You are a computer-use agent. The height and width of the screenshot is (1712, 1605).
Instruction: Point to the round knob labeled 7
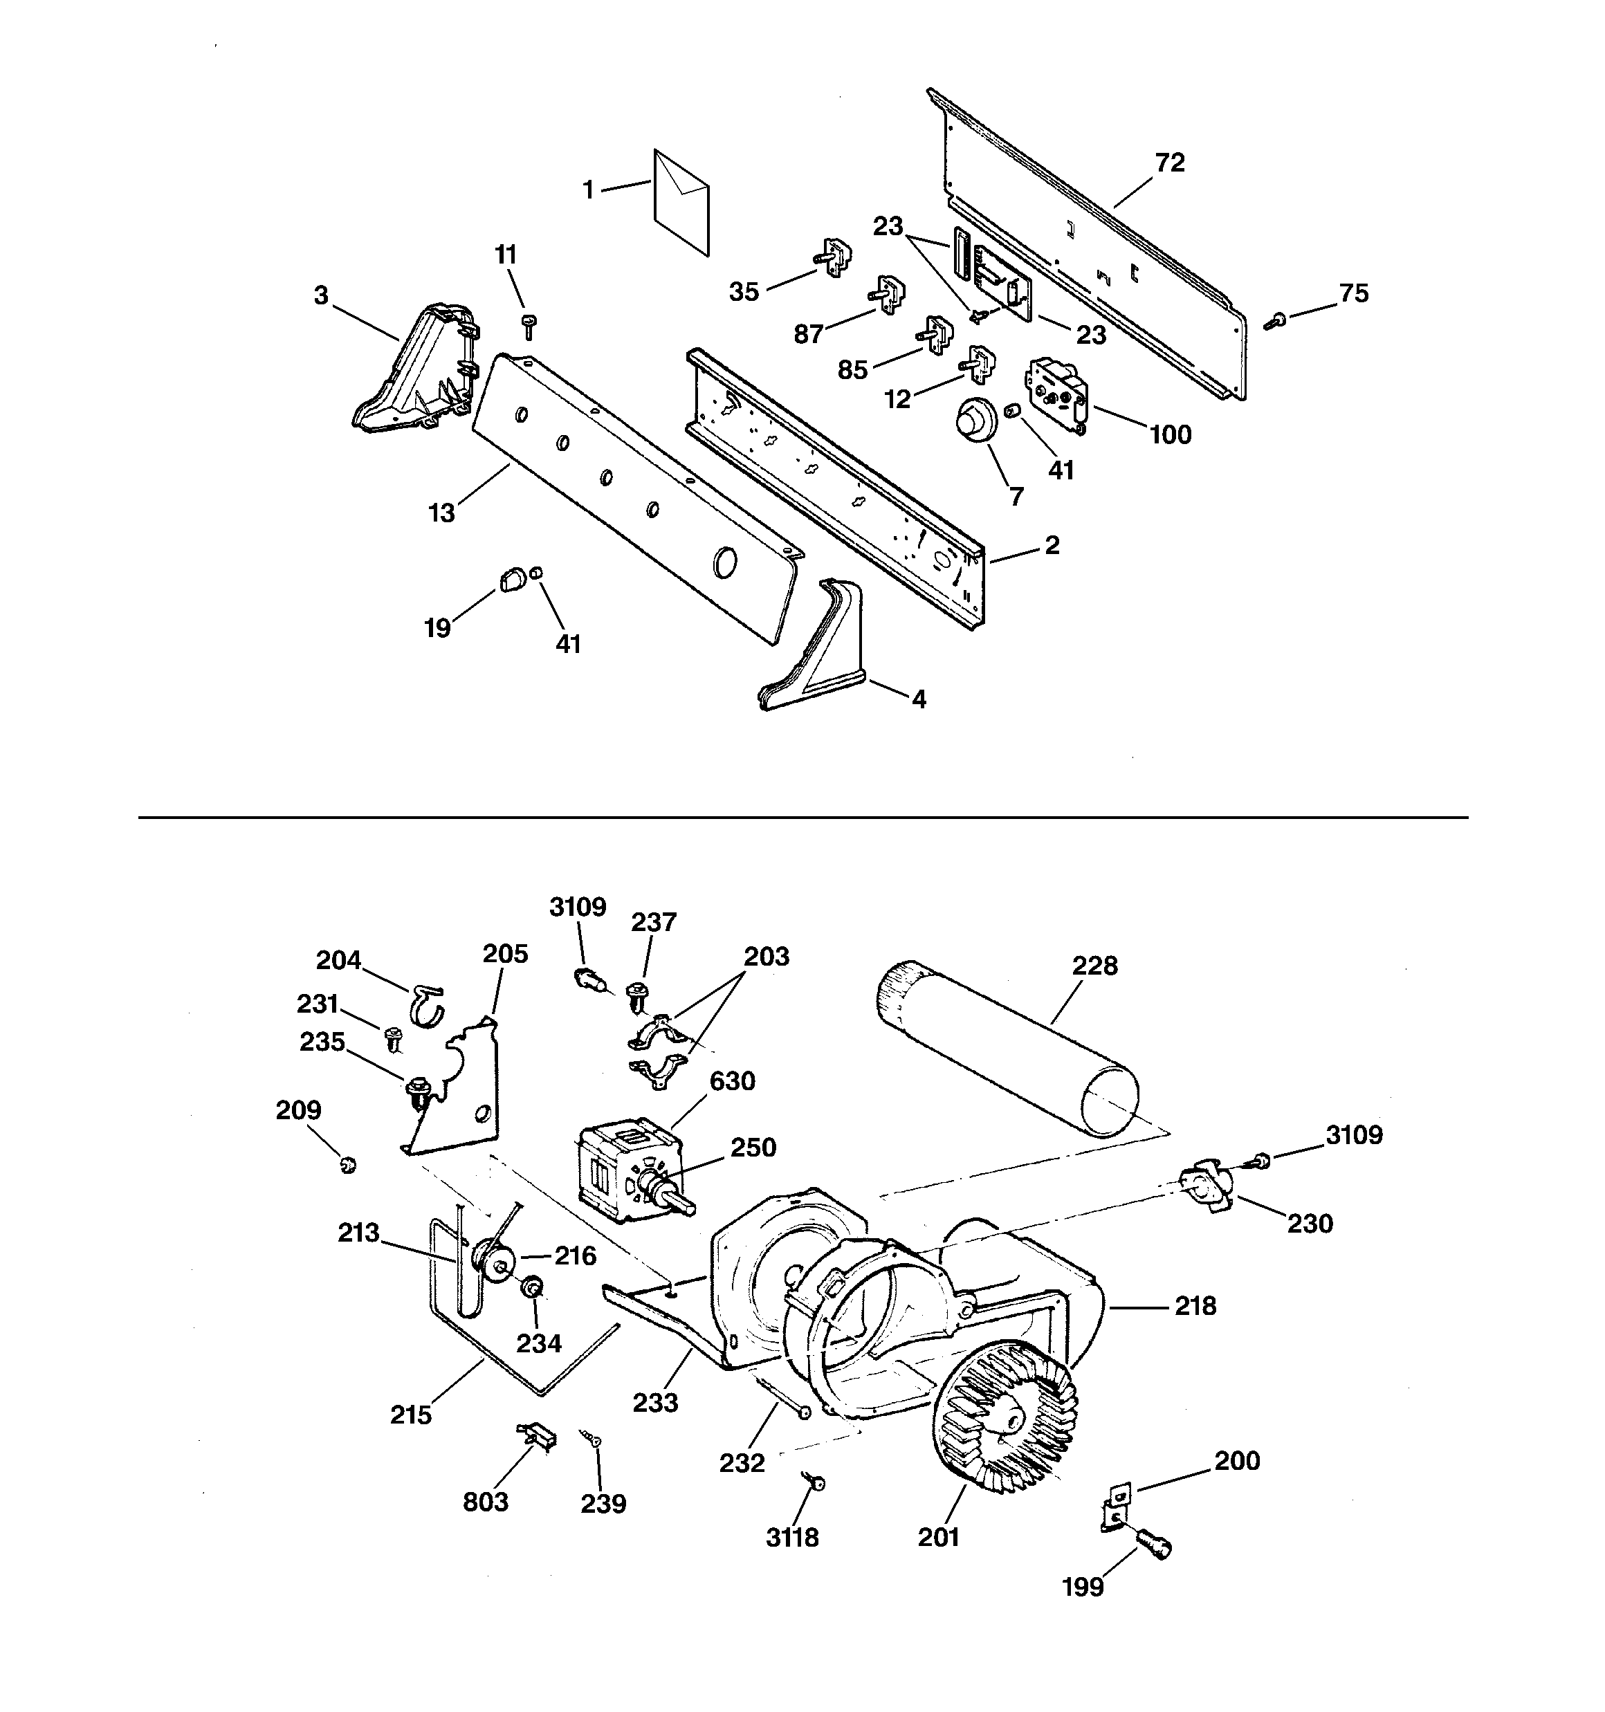tap(973, 423)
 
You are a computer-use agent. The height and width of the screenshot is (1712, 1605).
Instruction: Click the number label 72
tap(1169, 162)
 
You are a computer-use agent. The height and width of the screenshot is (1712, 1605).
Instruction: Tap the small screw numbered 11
tap(529, 326)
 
